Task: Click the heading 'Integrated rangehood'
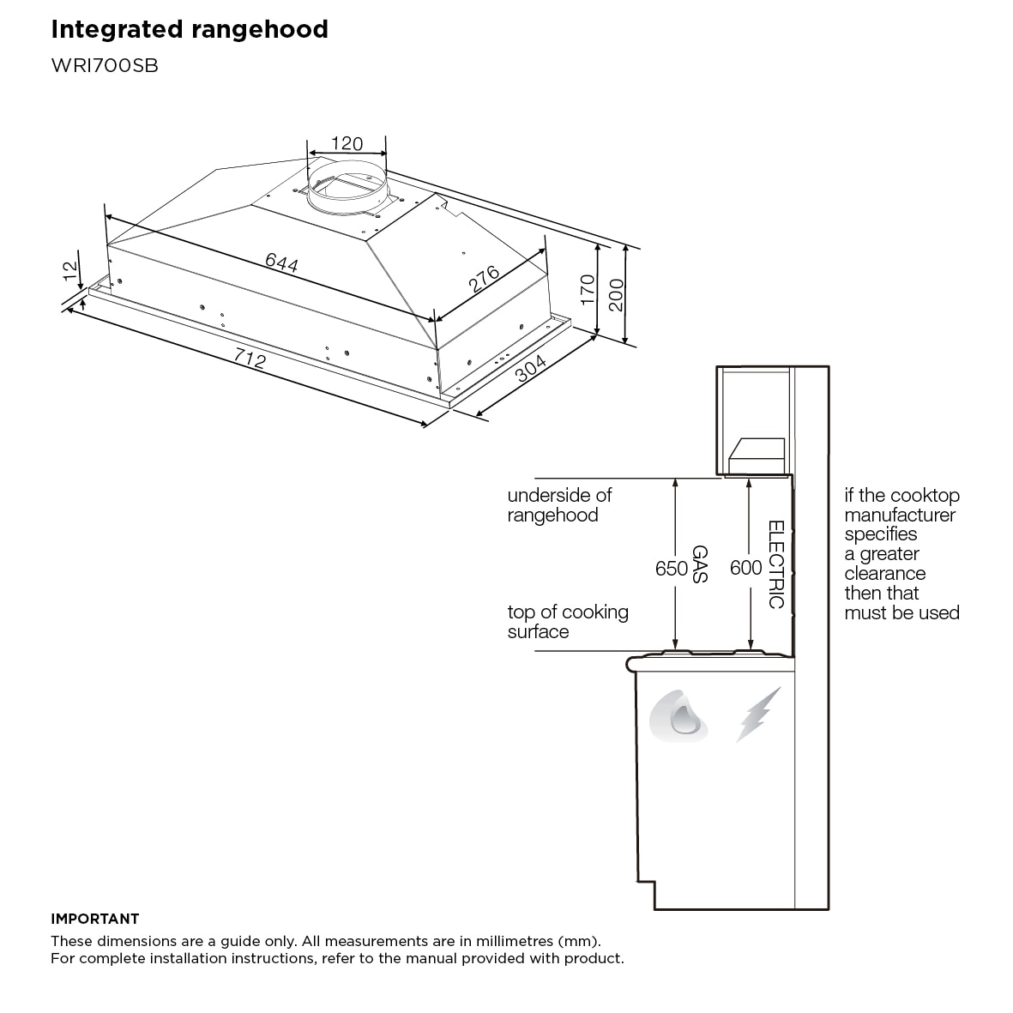(190, 30)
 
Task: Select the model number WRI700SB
(105, 66)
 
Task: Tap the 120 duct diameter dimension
(347, 143)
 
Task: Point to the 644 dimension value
(281, 262)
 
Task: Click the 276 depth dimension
(484, 280)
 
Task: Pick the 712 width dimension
(250, 359)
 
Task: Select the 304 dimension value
(531, 371)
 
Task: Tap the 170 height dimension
(588, 290)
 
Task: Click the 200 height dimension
(616, 295)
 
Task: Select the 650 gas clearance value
(672, 568)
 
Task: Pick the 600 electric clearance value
(745, 568)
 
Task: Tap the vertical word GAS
(699, 564)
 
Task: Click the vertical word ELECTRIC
(775, 564)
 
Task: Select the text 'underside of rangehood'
(559, 505)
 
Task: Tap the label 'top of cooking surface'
(567, 622)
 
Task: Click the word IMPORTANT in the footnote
(94, 919)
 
